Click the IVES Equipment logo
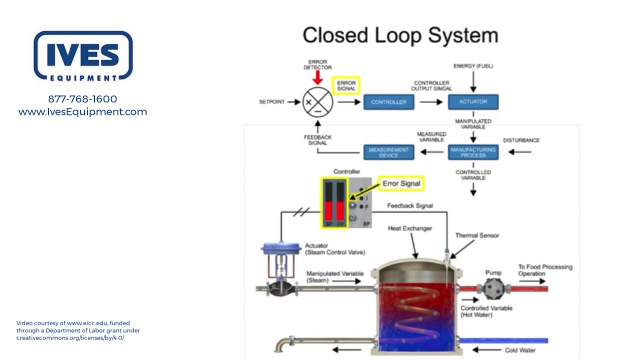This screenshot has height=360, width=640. (x=83, y=55)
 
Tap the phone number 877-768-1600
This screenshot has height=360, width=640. (x=82, y=99)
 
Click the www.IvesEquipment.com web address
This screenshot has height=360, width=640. (x=82, y=112)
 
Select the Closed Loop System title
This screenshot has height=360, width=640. (x=400, y=35)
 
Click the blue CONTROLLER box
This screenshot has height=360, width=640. (x=388, y=102)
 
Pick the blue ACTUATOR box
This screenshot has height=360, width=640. (x=473, y=101)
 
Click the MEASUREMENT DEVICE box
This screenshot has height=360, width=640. (x=388, y=152)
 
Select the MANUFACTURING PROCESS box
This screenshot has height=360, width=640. (x=473, y=152)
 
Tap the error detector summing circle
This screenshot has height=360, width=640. (x=317, y=102)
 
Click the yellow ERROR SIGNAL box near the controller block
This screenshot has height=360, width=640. (x=346, y=85)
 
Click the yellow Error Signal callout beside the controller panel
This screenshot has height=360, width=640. (x=401, y=183)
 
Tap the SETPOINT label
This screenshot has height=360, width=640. (x=271, y=102)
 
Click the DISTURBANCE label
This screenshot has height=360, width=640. (x=521, y=140)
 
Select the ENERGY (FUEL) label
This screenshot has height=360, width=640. (x=473, y=66)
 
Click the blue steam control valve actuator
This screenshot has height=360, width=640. (x=280, y=248)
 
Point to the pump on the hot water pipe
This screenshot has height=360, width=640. (x=493, y=288)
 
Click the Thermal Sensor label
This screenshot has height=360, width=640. (x=476, y=235)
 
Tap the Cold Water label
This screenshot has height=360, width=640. (x=520, y=350)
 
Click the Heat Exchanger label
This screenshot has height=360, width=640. (x=409, y=228)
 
